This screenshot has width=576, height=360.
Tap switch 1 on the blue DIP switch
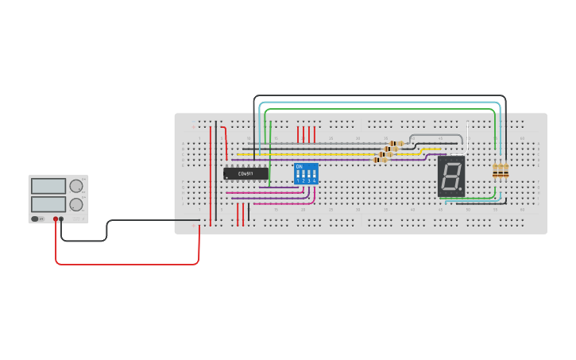point(298,174)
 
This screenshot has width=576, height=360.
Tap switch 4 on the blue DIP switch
point(315,174)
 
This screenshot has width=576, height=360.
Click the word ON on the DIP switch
point(300,166)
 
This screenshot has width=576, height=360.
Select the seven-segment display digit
point(450,176)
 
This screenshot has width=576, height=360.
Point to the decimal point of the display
point(462,191)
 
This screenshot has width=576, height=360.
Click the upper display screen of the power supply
point(48,186)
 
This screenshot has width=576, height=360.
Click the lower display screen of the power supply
point(48,204)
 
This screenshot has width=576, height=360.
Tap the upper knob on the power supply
point(76,186)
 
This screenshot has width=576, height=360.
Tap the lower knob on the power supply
point(76,204)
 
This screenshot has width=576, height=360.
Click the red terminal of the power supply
point(56,219)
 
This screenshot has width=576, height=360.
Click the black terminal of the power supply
point(62,219)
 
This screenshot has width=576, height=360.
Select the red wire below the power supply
point(127,264)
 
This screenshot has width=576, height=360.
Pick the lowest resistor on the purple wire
point(380,160)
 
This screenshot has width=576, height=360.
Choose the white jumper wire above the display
point(437,136)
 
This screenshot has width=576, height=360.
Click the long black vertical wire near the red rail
point(215,171)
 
